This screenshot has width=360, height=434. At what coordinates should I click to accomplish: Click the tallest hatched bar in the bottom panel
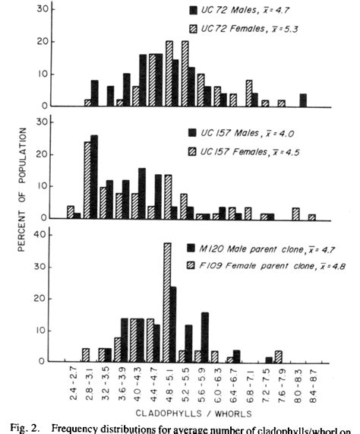pos(166,303)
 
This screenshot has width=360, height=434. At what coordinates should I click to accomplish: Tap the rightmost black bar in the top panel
pos(303,100)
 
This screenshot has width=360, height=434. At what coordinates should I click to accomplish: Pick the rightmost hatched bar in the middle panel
pos(311,217)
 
